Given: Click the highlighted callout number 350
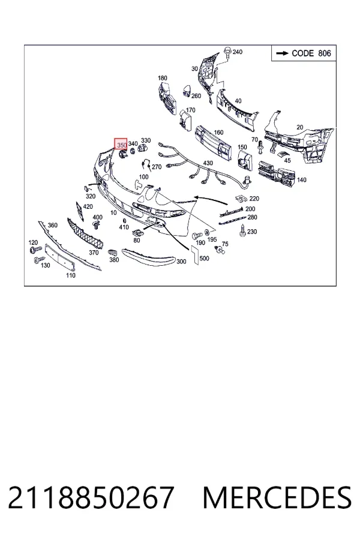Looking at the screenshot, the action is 121,144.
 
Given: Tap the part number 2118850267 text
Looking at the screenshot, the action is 91,497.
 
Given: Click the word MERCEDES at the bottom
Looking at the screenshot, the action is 277,497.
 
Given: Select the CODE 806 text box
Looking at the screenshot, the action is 304,53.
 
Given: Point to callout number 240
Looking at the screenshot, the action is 238,52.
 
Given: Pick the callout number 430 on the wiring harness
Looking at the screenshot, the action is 208,163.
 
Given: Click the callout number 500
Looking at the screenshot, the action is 204,258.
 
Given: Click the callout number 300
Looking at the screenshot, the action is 181,262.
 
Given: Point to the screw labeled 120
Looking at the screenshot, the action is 35,249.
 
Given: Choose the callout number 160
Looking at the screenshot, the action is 218,132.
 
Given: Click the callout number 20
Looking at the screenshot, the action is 300,127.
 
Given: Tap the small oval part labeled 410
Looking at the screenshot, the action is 124,221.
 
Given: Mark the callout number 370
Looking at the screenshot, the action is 94,253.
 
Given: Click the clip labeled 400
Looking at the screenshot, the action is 97,226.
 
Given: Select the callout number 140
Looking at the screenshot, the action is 301,180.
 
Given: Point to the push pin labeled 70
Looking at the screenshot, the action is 260,148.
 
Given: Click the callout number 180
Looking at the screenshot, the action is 163,78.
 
